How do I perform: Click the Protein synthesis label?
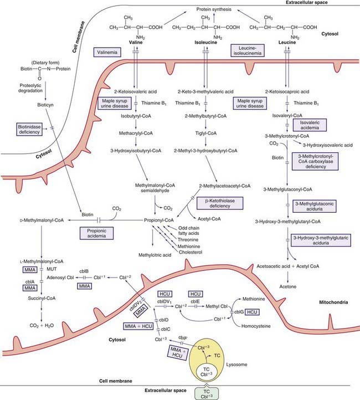(216, 9)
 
